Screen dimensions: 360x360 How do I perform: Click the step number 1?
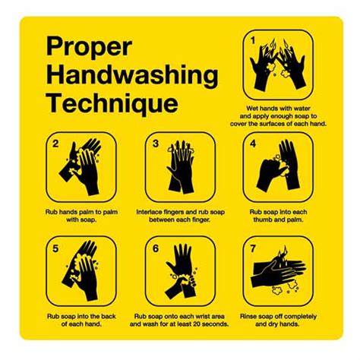[x=254, y=39]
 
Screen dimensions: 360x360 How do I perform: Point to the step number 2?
[x=55, y=143]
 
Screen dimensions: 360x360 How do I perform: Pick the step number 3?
[x=155, y=143]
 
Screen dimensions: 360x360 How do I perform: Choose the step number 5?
[x=55, y=247]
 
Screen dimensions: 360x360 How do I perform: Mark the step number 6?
[x=155, y=247]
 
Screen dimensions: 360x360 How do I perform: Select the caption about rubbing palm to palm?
[x=82, y=216]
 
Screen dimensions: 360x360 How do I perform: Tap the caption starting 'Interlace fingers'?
[x=181, y=216]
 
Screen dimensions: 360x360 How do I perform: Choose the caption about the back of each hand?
[x=82, y=320]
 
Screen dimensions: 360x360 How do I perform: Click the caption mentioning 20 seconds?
[x=181, y=320]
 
